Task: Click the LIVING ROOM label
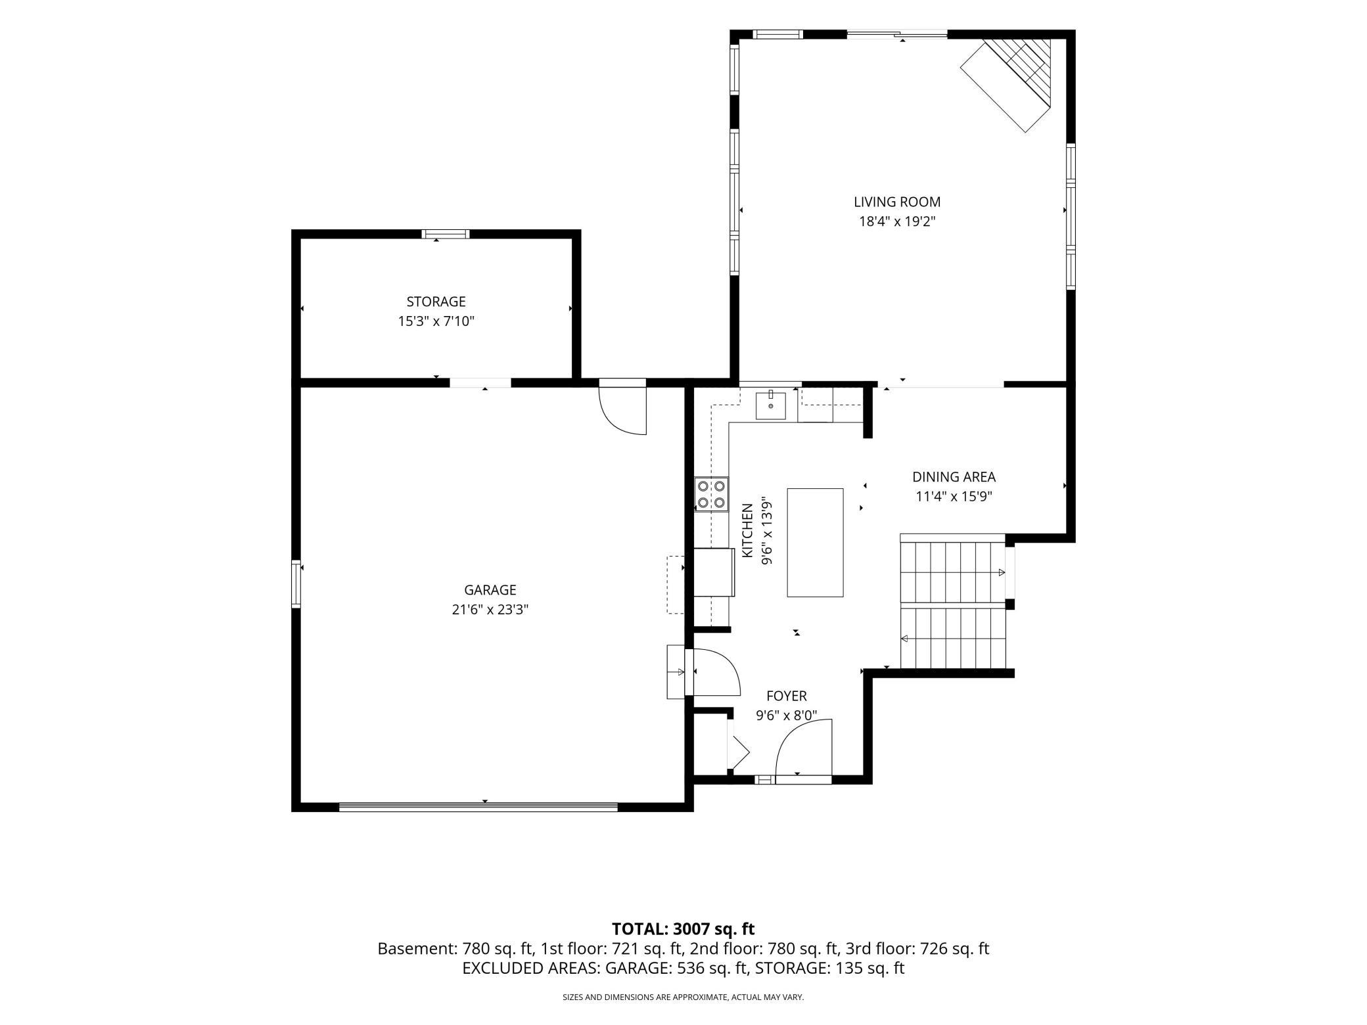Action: coord(897,202)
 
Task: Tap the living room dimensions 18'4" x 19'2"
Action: coord(897,222)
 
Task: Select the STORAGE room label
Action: coord(436,302)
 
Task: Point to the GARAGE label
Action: coord(490,590)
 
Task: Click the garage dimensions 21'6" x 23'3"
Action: coord(490,610)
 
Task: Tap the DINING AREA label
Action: coord(954,477)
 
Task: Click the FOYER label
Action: coord(786,696)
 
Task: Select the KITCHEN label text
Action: coord(747,531)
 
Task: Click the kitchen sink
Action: coord(770,405)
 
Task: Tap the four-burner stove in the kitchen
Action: coord(712,494)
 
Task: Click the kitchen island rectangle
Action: coord(815,543)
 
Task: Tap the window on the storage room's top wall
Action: coord(446,234)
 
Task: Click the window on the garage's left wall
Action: coord(296,583)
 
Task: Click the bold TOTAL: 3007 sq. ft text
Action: coord(683,929)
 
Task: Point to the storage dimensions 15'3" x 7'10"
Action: coord(436,321)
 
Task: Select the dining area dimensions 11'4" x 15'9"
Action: coord(954,497)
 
